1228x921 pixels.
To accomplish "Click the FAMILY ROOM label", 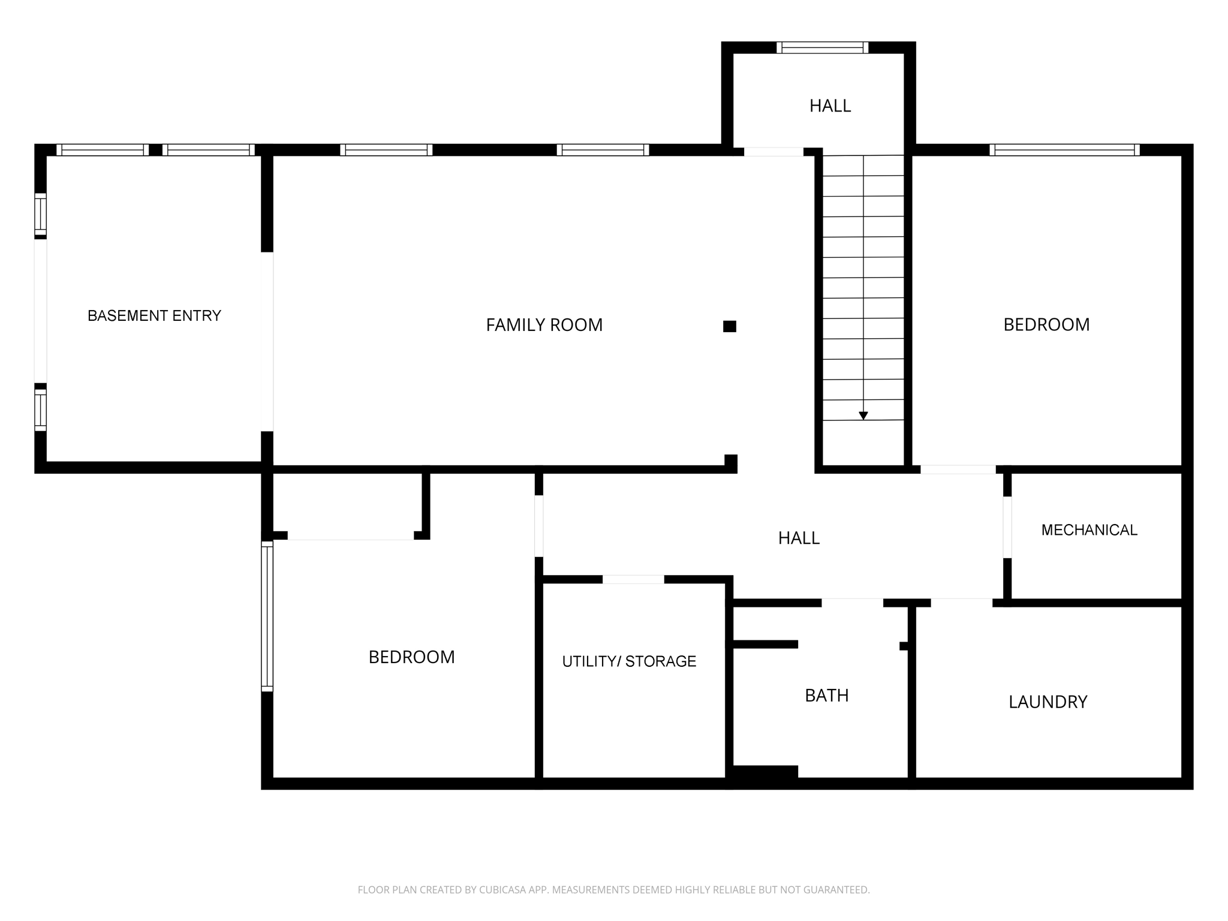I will pos(544,325).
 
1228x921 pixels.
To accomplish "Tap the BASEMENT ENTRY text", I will pos(154,315).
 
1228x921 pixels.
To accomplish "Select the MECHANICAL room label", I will pos(1089,530).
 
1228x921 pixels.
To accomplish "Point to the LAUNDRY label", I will pos(1048,702).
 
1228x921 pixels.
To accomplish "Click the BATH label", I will pos(826,696).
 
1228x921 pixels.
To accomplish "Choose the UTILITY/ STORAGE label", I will pos(629,661).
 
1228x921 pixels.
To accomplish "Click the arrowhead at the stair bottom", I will pos(863,416).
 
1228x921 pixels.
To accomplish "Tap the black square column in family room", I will pos(729,326).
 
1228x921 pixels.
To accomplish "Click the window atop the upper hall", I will pos(822,48).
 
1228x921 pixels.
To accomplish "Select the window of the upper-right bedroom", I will pos(1064,150).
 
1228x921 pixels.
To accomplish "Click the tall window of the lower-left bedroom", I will pos(267,616).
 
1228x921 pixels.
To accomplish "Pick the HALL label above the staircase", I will pos(830,106).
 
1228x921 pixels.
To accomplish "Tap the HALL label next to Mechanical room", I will pos(799,538).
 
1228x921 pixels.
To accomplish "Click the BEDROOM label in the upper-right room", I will pos(1046,325).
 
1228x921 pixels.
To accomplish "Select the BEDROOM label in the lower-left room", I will pos(411,657).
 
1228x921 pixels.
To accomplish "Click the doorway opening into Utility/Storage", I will pos(633,579).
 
